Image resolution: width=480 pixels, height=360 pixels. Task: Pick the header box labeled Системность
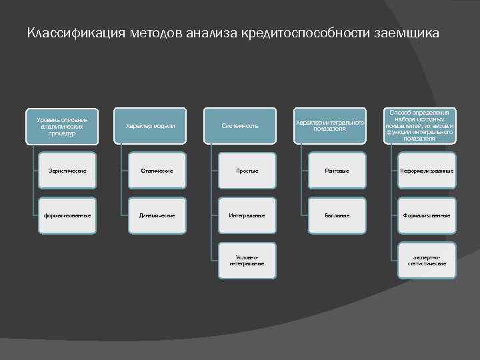[240, 126]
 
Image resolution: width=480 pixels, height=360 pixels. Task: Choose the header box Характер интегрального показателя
[330, 126]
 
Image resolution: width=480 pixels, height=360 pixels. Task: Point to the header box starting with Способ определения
[420, 126]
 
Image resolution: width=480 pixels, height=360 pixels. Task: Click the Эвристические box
[67, 171]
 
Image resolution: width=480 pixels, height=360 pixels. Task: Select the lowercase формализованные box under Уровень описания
[67, 215]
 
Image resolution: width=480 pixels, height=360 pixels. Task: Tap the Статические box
[157, 171]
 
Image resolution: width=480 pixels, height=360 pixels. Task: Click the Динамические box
[157, 215]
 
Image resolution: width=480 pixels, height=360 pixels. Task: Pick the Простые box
[247, 171]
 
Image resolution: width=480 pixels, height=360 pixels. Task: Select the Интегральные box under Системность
[247, 215]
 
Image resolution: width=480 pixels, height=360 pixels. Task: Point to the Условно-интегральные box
[247, 260]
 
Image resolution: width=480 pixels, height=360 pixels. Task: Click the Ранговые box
[337, 171]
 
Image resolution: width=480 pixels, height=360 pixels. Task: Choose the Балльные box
[337, 215]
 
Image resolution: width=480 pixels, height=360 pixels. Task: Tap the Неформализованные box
[427, 171]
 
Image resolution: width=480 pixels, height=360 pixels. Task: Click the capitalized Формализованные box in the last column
[427, 215]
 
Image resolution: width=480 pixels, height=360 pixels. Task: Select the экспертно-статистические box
[427, 260]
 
